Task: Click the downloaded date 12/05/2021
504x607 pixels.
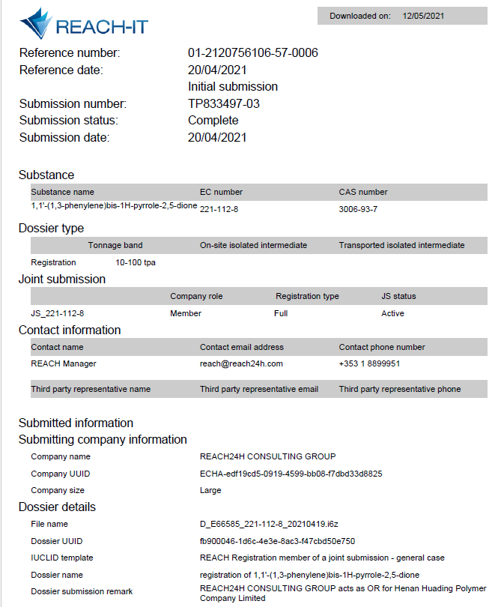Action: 424,16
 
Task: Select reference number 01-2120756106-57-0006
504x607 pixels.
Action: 252,52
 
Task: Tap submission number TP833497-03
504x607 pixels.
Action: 223,103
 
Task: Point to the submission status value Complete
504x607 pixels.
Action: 213,120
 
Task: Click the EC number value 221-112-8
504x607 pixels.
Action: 219,209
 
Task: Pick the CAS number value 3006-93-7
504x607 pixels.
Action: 358,209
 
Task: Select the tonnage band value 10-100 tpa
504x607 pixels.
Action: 135,262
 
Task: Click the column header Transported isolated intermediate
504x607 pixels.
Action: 401,245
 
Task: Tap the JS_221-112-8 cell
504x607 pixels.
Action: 52,313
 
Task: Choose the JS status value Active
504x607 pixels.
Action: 392,313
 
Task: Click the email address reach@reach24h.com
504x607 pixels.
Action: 241,363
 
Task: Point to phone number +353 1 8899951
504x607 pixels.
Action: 369,363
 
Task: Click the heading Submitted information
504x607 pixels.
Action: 76,423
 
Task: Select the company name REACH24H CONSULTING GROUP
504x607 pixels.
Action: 267,456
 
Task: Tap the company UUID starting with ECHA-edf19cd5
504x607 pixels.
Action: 291,474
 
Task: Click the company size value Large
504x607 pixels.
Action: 210,490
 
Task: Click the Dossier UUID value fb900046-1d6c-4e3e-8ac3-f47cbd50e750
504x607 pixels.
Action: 277,541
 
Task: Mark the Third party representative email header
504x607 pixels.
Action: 258,389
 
